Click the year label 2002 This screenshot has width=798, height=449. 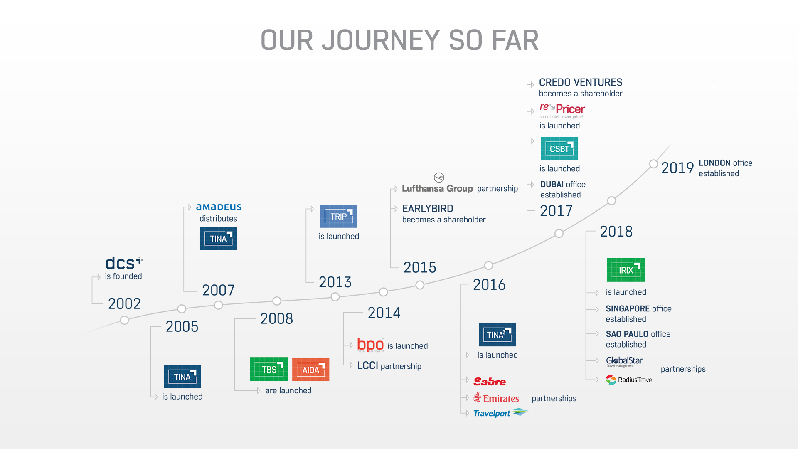pos(124,304)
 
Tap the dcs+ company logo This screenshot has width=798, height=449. pos(123,263)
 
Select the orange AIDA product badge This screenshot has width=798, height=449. pos(310,370)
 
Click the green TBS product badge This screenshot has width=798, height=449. pos(269,369)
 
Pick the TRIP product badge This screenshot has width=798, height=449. pos(338,216)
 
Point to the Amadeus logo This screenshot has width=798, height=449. pos(219,207)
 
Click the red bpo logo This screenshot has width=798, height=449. pos(370,345)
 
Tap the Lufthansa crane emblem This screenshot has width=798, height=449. pos(439,178)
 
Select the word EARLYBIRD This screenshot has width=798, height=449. pos(428,209)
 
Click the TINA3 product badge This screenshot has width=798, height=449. pos(497,335)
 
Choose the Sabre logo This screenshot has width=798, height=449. pos(490,382)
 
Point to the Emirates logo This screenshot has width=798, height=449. pos(496,398)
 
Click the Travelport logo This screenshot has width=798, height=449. pos(500,413)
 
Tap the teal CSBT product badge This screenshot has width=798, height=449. pos(559,149)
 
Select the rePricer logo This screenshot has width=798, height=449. pos(562,110)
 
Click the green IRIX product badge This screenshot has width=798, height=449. pos(626,270)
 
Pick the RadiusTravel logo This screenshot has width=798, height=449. pos(630,380)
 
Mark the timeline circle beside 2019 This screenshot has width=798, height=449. pos(653,164)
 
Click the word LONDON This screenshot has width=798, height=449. pos(714,163)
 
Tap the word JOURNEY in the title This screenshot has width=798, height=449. pos(380,40)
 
